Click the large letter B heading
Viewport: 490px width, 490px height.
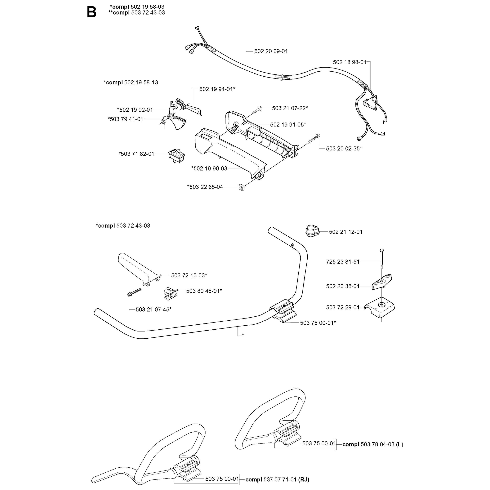[91, 12]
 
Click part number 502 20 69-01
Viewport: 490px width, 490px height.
[271, 51]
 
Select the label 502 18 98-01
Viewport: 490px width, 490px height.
[350, 62]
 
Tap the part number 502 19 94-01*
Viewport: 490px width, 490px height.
[217, 89]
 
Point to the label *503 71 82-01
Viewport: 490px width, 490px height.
[136, 154]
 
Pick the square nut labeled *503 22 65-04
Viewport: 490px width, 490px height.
[241, 188]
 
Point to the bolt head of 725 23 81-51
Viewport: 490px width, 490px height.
[382, 251]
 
